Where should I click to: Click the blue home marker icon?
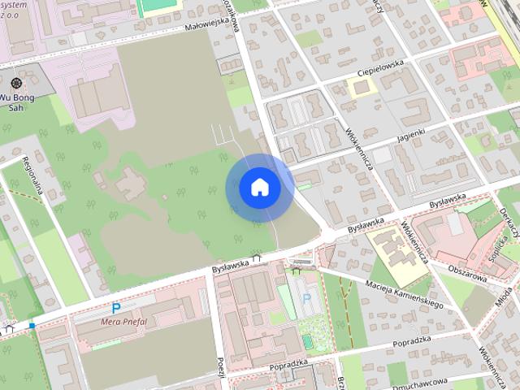pyautogui.click(x=259, y=187)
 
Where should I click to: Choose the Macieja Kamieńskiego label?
pyautogui.click(x=403, y=293)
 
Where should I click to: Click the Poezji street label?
pyautogui.click(x=219, y=367)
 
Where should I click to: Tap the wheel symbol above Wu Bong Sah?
pyautogui.click(x=16, y=83)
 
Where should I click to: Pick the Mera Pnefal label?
pyautogui.click(x=123, y=320)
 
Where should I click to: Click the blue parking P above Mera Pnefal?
pyautogui.click(x=116, y=308)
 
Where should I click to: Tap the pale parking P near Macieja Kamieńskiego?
pyautogui.click(x=305, y=299)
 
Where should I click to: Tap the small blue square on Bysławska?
pyautogui.click(x=32, y=326)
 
